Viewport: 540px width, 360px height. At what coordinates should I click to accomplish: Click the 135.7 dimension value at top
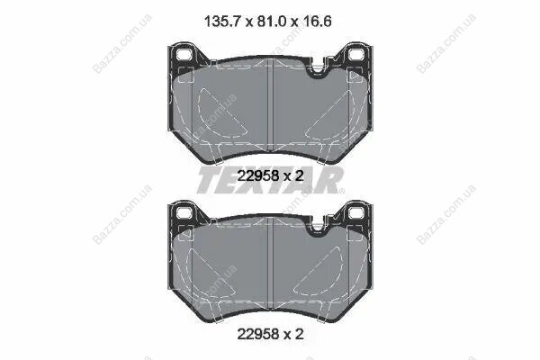pos(222,22)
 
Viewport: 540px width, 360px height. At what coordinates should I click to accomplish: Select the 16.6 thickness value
pos(318,22)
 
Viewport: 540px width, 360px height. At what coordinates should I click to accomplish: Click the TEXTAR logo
pos(270,180)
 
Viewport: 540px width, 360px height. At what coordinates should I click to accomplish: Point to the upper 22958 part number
pos(258,176)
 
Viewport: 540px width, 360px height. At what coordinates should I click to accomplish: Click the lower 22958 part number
pos(258,334)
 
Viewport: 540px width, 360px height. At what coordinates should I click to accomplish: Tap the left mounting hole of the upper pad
pos(184,54)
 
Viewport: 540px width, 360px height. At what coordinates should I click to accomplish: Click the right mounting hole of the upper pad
pos(355,54)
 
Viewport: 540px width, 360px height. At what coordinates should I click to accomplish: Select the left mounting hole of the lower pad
pos(184,212)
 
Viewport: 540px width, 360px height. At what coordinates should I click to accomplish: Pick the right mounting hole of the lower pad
pos(355,212)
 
